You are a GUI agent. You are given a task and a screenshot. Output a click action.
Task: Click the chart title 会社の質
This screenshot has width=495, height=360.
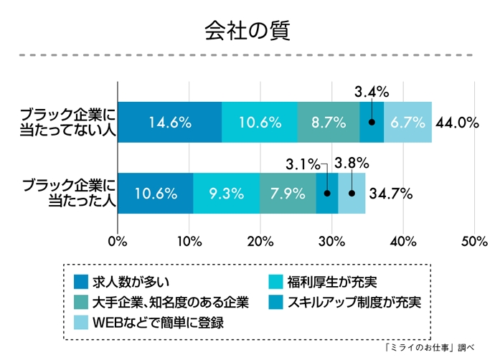coord(247,30)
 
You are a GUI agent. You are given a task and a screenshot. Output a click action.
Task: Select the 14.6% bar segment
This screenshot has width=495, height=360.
coord(169,122)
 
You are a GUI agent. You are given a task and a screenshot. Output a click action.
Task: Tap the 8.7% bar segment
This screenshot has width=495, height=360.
coord(329,122)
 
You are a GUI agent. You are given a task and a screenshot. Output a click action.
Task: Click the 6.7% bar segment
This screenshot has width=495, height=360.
coord(407,122)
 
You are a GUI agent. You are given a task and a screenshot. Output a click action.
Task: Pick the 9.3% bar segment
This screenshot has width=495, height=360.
coord(227,193)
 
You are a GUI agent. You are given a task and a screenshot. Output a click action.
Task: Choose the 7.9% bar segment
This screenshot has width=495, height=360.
coord(288,193)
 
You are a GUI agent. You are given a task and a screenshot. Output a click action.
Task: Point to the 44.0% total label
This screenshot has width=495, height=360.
coord(457,123)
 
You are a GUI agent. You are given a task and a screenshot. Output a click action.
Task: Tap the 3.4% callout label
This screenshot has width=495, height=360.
coord(372,91)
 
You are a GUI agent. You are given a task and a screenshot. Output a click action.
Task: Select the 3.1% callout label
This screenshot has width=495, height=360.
coord(302,164)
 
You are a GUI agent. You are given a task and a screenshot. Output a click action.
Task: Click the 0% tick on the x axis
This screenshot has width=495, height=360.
coord(117,241)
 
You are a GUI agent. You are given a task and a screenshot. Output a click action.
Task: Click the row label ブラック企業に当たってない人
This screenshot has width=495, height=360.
coord(66,122)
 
